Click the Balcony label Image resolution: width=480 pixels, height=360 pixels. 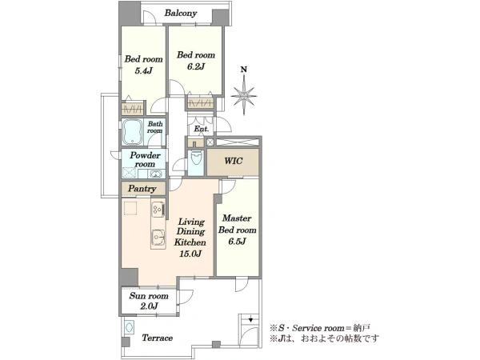pos(180,13)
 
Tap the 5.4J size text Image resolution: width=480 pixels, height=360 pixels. pos(143,70)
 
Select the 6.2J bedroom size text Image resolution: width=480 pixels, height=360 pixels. pos(196,66)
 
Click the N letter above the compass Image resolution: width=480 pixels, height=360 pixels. pos(244,70)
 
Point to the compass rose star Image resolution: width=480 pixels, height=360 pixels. pos(244,96)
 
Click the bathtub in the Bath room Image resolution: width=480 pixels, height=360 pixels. pos(132,132)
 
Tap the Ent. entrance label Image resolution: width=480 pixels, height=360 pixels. pos(202,129)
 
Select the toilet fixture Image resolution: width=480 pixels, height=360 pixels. pos(196,158)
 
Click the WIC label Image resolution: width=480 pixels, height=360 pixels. pos(234,161)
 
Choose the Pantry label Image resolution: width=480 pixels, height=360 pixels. pos(142,189)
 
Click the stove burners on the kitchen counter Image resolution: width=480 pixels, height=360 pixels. pos(158,210)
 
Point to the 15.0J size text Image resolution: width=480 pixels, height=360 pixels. pos(190,254)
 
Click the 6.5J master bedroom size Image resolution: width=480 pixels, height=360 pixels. pos(237,242)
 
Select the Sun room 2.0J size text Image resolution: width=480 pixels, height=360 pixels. pos(149,306)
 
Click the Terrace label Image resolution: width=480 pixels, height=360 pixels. pos(158,338)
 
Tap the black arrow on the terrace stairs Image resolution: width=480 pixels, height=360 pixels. pos(250,319)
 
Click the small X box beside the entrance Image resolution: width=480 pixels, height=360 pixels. pos(210,142)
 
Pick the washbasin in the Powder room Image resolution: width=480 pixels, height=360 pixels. pos(155,174)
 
